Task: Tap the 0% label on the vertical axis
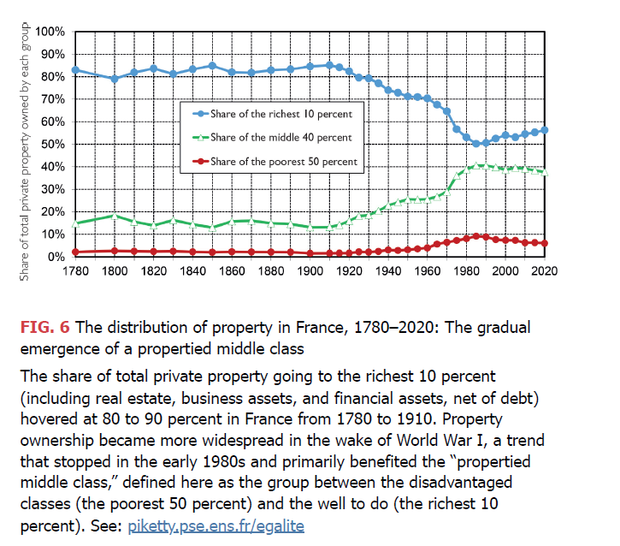(x=57, y=256)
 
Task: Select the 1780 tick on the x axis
(x=75, y=270)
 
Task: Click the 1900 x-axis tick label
(x=310, y=270)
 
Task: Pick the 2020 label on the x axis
(x=545, y=270)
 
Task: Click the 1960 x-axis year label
(x=428, y=270)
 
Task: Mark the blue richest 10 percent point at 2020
(x=545, y=130)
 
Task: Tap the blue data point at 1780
(x=75, y=70)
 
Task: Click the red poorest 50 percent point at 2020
(x=545, y=243)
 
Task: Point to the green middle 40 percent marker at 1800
(x=115, y=216)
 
